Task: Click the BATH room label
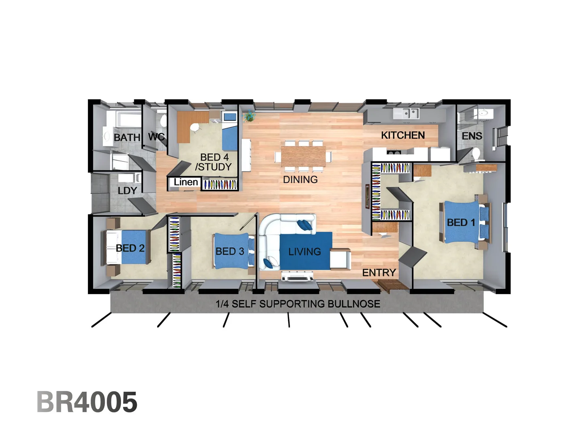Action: pyautogui.click(x=127, y=137)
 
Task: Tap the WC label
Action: pyautogui.click(x=156, y=137)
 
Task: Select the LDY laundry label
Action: pyautogui.click(x=127, y=191)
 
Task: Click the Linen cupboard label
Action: pyautogui.click(x=186, y=182)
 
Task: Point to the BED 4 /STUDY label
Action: pyautogui.click(x=214, y=162)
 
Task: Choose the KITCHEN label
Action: pyautogui.click(x=403, y=135)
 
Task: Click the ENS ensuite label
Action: pyautogui.click(x=472, y=136)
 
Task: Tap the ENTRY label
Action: pyautogui.click(x=379, y=273)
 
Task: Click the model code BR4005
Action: pyautogui.click(x=87, y=402)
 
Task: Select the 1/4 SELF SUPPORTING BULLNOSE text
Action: pyautogui.click(x=298, y=304)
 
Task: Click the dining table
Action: pyautogui.click(x=303, y=155)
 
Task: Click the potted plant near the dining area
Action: pyautogui.click(x=249, y=117)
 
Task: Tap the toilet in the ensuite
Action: pyautogui.click(x=476, y=154)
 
